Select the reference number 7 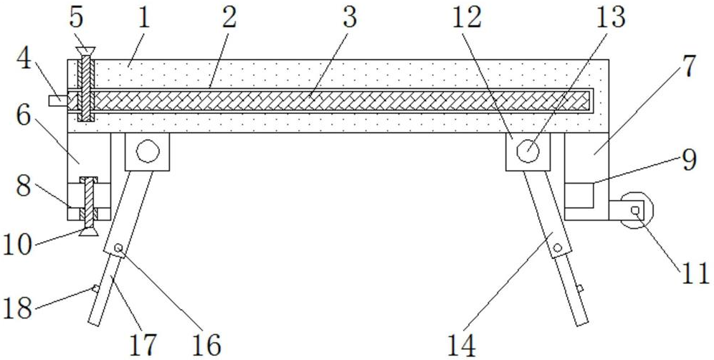tap(687, 66)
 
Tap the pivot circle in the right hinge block tap(528, 151)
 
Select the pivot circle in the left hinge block tap(147, 151)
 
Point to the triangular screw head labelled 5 tap(85, 50)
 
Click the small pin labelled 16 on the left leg tap(119, 248)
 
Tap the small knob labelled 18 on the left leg tap(95, 289)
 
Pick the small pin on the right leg tap(557, 248)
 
